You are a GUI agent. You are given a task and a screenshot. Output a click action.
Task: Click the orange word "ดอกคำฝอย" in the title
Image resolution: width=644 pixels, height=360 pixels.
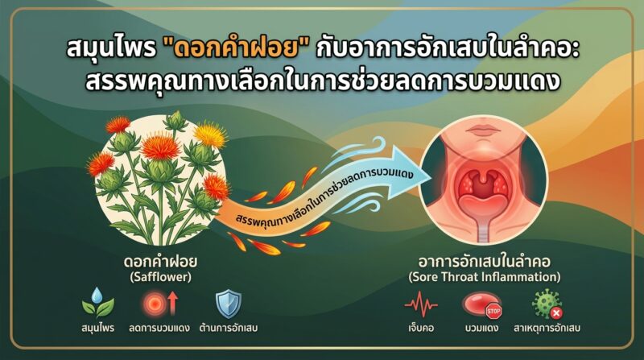236,49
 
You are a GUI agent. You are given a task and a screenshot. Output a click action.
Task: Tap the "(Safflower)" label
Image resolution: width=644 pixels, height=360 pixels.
160,277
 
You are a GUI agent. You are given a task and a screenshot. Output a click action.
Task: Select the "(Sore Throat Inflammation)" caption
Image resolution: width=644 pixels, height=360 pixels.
485,277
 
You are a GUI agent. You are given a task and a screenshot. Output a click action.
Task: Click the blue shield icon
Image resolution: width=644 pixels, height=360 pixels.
229,304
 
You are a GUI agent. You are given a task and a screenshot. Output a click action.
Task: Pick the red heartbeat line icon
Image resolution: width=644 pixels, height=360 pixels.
421,304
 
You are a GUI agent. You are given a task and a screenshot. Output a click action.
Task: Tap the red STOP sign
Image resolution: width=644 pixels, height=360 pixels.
493,312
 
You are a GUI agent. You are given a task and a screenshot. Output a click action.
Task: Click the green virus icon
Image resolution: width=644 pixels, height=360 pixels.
546,304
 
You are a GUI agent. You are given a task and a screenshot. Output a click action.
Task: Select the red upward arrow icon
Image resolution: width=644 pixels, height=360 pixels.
173,303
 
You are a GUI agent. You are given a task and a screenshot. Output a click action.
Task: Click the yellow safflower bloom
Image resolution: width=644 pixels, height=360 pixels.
210,134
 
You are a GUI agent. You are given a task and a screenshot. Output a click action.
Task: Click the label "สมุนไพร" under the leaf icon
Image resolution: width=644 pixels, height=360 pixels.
97,328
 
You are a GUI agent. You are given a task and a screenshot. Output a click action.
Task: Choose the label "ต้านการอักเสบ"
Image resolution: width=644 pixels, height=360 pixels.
229,328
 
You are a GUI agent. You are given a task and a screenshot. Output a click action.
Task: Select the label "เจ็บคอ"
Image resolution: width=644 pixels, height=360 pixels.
421,328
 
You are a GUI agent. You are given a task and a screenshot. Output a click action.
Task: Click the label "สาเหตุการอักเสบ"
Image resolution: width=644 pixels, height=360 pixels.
547,328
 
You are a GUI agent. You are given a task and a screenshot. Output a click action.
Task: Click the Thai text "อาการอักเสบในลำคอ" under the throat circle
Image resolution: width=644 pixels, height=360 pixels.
485,262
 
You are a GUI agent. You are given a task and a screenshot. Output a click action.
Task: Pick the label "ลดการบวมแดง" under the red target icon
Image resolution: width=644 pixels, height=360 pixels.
159,328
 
